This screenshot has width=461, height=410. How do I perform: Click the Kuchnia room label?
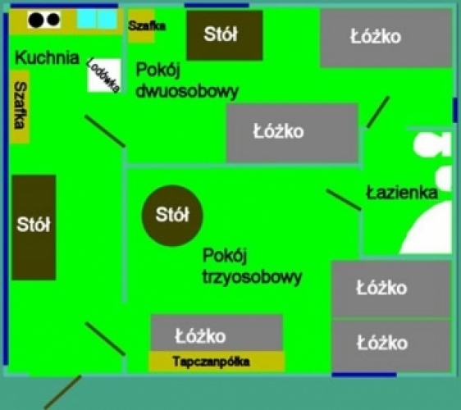[x=47, y=57]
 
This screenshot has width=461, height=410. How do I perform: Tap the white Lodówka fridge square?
[x=104, y=75]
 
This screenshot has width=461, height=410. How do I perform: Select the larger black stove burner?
[x=36, y=20]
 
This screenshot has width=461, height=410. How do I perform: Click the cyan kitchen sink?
[x=97, y=19]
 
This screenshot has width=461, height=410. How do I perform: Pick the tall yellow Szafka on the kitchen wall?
[x=20, y=107]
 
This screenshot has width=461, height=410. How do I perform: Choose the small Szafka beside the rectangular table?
[x=141, y=26]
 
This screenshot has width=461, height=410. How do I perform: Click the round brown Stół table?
[x=172, y=216]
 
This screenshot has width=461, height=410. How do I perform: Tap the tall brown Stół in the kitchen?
[x=34, y=227]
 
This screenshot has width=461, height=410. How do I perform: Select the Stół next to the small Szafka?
[x=225, y=35]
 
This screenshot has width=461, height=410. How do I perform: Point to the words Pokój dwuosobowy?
[x=187, y=80]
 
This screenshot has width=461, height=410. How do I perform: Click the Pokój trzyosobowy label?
[x=252, y=266]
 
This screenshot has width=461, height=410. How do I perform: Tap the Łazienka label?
[x=402, y=193]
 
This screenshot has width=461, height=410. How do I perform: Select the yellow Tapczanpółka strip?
[x=217, y=362]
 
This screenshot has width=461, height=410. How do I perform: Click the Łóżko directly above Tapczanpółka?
[x=217, y=333]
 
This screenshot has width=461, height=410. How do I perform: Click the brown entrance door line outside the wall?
[x=62, y=392]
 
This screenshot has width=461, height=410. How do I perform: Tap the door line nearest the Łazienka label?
[x=344, y=200]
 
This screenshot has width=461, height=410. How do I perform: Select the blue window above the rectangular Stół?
[x=217, y=5]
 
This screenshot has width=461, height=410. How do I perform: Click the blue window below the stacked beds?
[x=364, y=375]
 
